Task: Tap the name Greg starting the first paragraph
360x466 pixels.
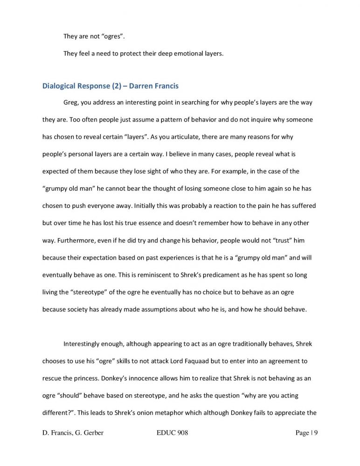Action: point(71,103)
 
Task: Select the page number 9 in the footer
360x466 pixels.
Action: point(315,433)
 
